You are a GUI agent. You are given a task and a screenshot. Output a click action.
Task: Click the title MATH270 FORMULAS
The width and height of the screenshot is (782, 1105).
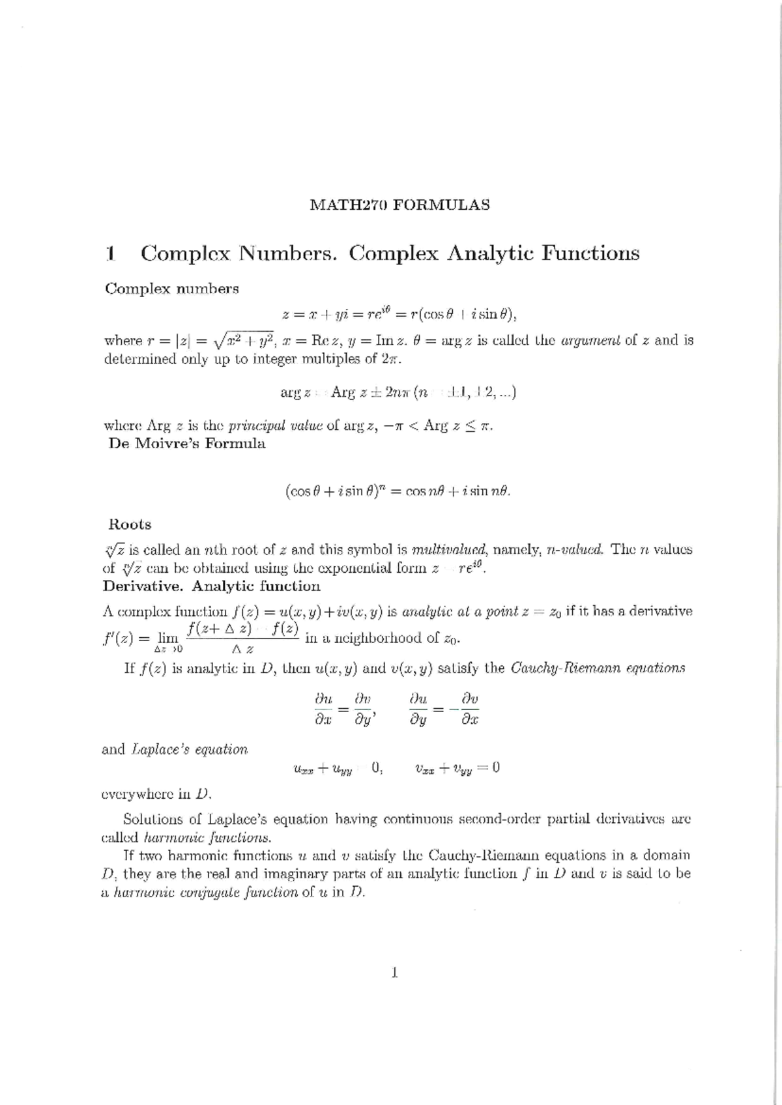(399, 205)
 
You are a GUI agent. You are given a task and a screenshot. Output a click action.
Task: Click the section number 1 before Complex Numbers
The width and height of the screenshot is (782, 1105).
(111, 253)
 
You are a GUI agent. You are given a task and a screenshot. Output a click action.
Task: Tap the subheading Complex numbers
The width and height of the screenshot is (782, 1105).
(171, 289)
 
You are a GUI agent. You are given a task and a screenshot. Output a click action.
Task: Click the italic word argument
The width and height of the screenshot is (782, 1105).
(592, 340)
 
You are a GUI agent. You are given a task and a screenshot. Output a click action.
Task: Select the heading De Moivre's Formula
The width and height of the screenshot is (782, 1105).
(186, 444)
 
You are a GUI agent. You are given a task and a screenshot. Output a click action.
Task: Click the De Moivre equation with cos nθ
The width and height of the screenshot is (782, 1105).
(398, 492)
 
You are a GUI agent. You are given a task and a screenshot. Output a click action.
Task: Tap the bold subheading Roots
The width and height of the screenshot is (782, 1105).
(130, 524)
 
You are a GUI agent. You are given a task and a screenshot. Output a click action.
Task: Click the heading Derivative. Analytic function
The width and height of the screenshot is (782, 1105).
(211, 586)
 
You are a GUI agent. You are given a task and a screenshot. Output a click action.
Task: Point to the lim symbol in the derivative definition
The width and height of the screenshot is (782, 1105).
(167, 639)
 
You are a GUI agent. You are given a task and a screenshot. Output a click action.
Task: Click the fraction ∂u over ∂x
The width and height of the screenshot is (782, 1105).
(323, 709)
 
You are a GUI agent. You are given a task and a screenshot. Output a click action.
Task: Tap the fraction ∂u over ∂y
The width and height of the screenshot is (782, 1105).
(418, 709)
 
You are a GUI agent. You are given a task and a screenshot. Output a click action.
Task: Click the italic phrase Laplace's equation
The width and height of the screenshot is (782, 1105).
(190, 750)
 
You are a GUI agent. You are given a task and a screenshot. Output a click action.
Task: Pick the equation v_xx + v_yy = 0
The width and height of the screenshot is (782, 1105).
(457, 768)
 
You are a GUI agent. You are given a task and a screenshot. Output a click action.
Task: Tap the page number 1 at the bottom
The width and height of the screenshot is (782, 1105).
(395, 973)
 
